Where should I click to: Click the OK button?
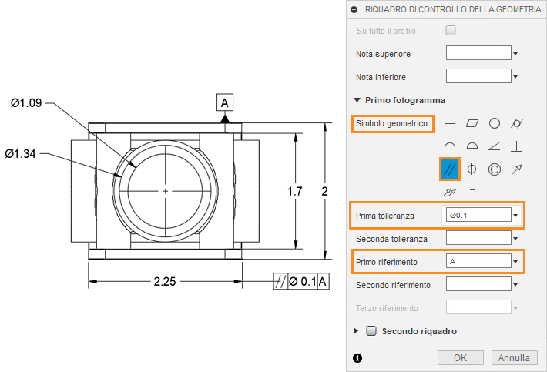pyautogui.click(x=460, y=357)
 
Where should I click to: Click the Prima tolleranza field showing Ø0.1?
pyautogui.click(x=478, y=215)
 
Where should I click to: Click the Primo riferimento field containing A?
pyautogui.click(x=478, y=262)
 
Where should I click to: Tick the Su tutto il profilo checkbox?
pyautogui.click(x=451, y=31)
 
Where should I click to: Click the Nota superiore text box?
pyautogui.click(x=478, y=53)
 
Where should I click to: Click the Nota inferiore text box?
pyautogui.click(x=478, y=76)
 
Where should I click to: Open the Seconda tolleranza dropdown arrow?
pyautogui.click(x=515, y=239)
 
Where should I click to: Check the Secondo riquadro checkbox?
pyautogui.click(x=371, y=331)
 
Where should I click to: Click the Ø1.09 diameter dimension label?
pyautogui.click(x=26, y=103)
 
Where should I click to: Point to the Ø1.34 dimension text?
pyautogui.click(x=21, y=154)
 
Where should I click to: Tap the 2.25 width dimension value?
pyautogui.click(x=166, y=282)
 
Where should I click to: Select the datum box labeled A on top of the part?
pyautogui.click(x=224, y=102)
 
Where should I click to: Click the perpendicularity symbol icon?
pyautogui.click(x=518, y=146)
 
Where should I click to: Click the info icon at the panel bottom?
pyautogui.click(x=357, y=357)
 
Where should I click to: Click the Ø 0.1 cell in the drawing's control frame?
pyautogui.click(x=302, y=282)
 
